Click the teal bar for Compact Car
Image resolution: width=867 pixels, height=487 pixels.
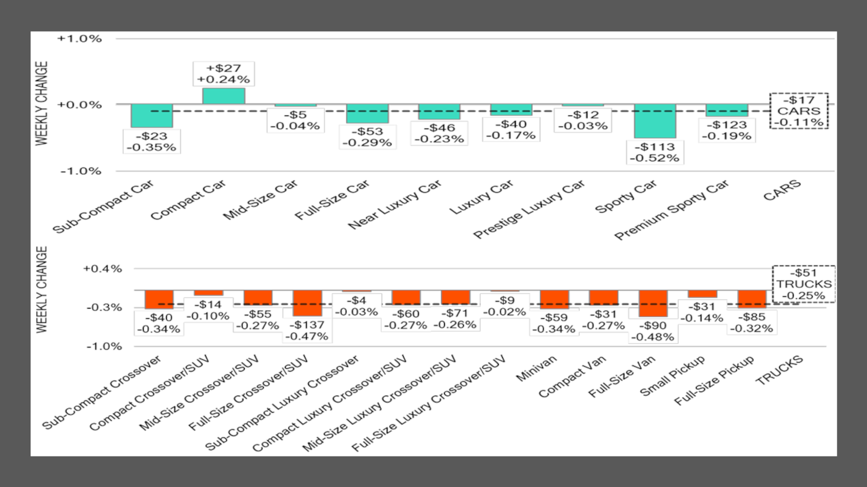[224, 96]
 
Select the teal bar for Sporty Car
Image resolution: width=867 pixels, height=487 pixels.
[655, 121]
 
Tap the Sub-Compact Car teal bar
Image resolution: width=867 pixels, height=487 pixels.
[152, 116]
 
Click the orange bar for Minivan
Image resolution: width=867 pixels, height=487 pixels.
[555, 299]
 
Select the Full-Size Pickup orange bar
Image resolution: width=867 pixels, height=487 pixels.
[752, 299]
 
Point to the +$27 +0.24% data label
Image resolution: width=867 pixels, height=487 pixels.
[224, 74]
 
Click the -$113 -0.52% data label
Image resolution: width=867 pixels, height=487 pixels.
[655, 152]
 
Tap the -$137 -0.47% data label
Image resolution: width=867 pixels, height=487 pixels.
[307, 331]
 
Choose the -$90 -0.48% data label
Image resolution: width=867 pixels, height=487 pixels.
[653, 331]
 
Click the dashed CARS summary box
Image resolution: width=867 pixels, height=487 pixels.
[799, 111]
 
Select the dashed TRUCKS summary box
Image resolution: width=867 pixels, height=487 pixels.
[803, 284]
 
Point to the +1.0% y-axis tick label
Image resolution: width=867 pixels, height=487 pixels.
[80, 39]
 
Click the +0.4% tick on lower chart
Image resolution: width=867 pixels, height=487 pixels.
[103, 269]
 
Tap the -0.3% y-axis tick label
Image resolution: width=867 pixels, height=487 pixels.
[104, 308]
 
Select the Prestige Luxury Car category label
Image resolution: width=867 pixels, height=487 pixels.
[529, 210]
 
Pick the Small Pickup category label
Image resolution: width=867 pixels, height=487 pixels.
[673, 376]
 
